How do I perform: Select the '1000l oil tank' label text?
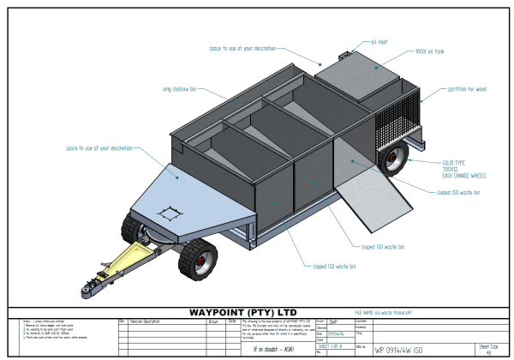[409, 52]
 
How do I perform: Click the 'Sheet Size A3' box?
[493, 348]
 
